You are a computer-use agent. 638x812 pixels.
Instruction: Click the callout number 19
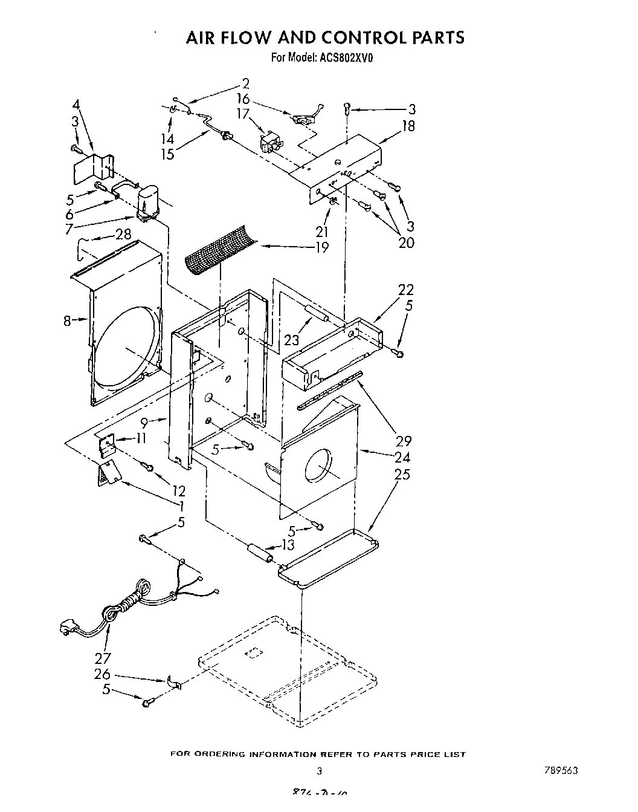pyautogui.click(x=321, y=247)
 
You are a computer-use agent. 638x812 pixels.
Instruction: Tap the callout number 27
pyautogui.click(x=102, y=657)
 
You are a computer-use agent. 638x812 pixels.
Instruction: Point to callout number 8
pyautogui.click(x=68, y=321)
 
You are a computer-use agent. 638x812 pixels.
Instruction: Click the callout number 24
pyautogui.click(x=402, y=458)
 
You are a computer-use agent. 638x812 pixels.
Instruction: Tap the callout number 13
pyautogui.click(x=288, y=545)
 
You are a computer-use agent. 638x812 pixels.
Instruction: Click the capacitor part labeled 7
pyautogui.click(x=147, y=203)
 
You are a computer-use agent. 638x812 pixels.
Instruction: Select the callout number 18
pyautogui.click(x=408, y=126)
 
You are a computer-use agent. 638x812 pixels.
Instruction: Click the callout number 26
pyautogui.click(x=102, y=673)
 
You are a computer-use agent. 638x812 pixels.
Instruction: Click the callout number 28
pyautogui.click(x=123, y=234)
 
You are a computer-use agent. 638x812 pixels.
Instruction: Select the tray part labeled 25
pyautogui.click(x=329, y=556)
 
